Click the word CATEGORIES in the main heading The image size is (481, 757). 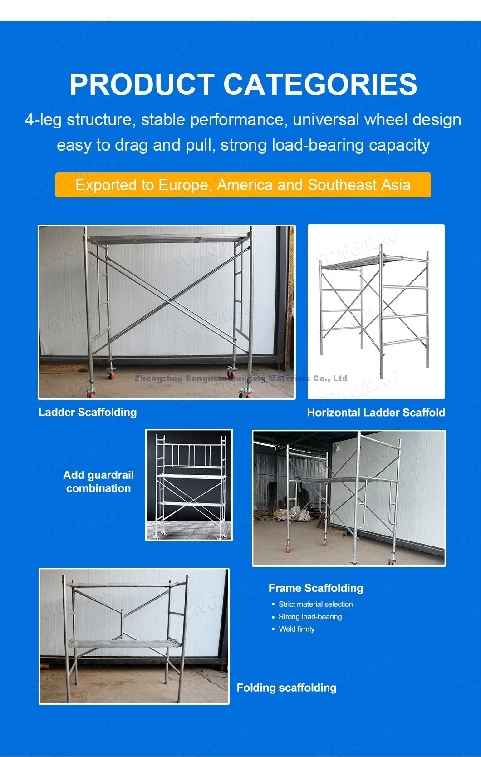click(320, 84)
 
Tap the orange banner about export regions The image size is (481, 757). click(243, 185)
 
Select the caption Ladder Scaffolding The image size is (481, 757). click(88, 412)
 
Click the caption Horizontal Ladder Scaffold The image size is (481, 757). click(376, 413)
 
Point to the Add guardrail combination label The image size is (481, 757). click(98, 482)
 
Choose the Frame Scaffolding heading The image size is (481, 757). click(316, 588)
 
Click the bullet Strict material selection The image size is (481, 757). click(315, 604)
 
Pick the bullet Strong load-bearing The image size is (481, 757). click(310, 617)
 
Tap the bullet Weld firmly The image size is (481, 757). click(296, 629)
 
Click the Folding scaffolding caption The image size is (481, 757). click(286, 688)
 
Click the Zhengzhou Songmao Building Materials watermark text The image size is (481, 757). click(241, 378)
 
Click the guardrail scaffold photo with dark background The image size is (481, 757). click(189, 485)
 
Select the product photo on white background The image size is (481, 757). click(376, 312)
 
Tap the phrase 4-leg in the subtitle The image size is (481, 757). click(43, 120)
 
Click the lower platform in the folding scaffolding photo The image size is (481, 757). click(123, 643)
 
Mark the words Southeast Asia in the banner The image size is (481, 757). click(359, 185)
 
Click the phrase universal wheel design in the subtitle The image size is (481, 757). click(377, 120)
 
